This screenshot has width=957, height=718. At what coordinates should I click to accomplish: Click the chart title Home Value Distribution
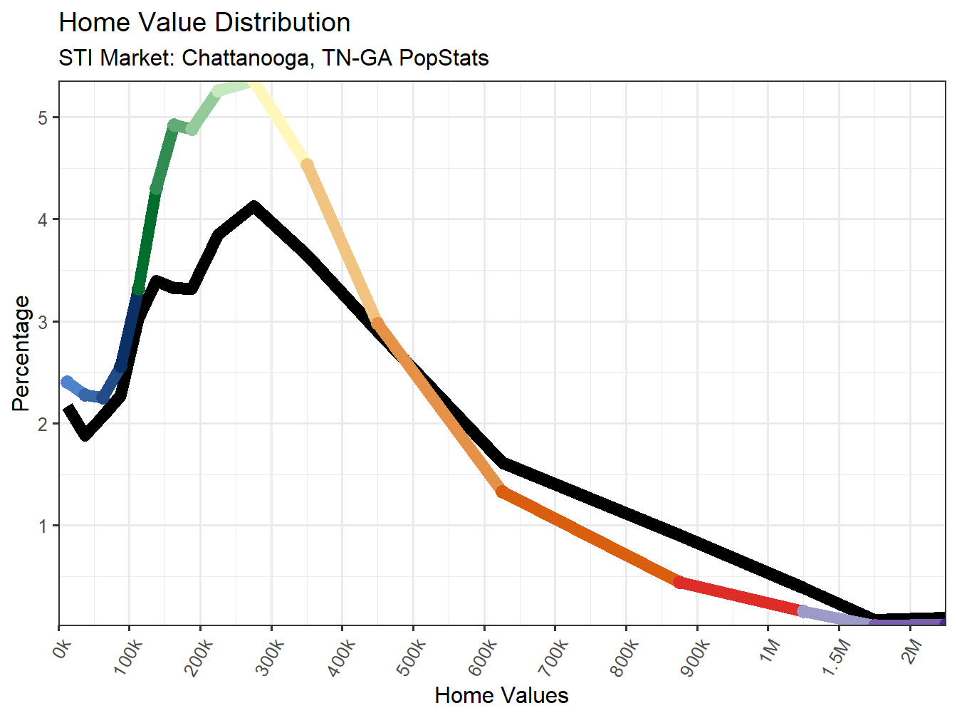(x=204, y=23)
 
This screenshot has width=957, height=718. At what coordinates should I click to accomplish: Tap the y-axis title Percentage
(x=21, y=353)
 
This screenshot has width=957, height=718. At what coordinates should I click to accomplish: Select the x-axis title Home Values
(x=501, y=695)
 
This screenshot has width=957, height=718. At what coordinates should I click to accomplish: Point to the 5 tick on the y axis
(x=43, y=118)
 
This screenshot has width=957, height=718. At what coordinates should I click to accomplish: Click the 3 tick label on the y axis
(x=43, y=322)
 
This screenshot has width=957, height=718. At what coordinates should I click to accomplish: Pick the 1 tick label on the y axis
(x=43, y=526)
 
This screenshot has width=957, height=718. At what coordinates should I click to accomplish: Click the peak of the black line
(x=253, y=207)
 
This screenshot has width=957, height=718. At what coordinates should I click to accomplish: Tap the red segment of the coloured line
(x=741, y=596)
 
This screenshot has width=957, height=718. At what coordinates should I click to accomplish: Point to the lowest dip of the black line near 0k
(x=85, y=434)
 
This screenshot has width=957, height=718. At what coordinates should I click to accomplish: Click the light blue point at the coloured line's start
(x=67, y=383)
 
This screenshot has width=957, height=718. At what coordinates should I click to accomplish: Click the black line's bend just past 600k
(x=503, y=463)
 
